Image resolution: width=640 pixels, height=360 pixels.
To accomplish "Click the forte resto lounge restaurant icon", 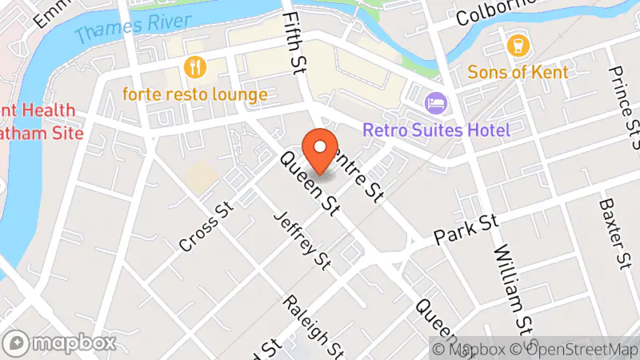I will coord(192,65).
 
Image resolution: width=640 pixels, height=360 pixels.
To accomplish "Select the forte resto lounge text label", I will coord(194,94).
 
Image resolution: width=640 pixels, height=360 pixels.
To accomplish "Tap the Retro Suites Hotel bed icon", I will coord(435,102).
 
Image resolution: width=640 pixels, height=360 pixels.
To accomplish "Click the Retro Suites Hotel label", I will coord(435,129).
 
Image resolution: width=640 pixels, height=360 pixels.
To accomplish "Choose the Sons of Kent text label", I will coord(518,73).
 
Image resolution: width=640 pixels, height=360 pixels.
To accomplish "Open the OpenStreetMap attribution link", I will coord(577,349).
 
